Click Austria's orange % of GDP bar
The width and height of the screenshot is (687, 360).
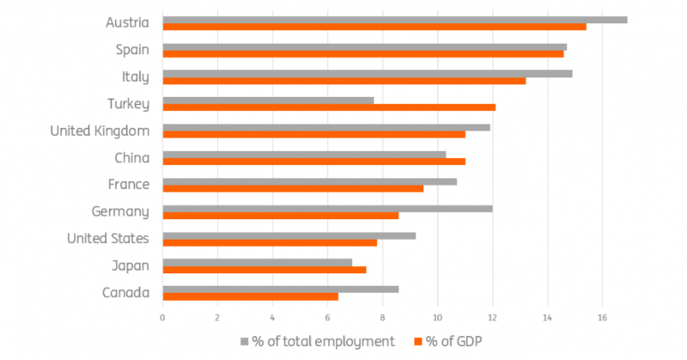coord(374,27)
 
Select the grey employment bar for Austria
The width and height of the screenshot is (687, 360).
coord(395,20)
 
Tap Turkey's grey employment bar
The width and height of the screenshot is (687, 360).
coord(268,101)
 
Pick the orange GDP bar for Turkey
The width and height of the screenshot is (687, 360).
coord(329,107)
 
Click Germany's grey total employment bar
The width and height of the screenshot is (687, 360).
coord(328,209)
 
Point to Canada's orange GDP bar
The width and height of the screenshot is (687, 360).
coord(251,297)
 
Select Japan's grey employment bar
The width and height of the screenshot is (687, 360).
coord(258,262)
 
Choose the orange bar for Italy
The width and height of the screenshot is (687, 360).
coord(344,81)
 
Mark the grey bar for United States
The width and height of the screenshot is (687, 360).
coord(289,236)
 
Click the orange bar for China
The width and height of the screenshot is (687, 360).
coord(314,162)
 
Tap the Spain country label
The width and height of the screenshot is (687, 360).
coord(132,50)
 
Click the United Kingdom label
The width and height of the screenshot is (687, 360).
coord(100,131)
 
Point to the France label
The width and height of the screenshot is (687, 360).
coord(129,184)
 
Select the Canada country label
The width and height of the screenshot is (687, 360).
coord(125,292)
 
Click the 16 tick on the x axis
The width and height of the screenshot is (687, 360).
coord(603,318)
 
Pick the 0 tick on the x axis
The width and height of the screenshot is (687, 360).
coord(162,318)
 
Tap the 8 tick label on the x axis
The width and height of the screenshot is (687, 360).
coord(382,318)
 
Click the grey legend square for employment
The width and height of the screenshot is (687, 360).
coord(245,341)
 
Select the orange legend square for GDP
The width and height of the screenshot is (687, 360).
coord(418,341)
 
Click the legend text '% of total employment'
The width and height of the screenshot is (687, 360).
coord(324,341)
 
